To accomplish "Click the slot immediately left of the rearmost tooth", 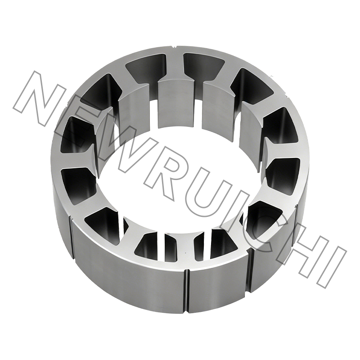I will click(x=142, y=67).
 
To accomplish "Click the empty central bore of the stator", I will click(x=180, y=180).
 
